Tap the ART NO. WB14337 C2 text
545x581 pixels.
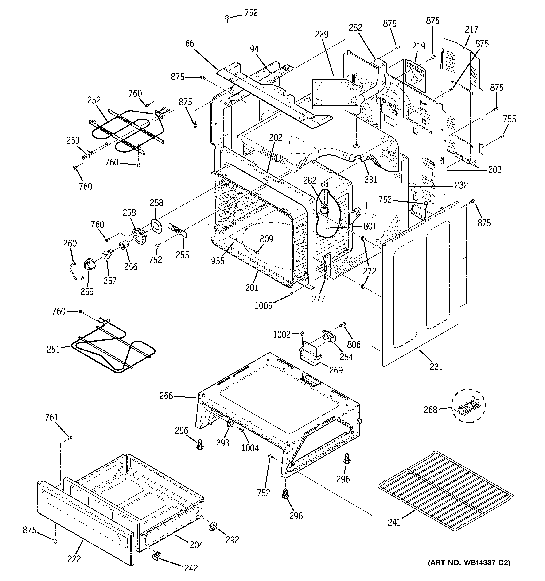tap(469, 570)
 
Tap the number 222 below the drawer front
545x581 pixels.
tap(74, 559)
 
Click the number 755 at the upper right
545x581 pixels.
tap(510, 119)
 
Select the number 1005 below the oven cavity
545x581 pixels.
tap(263, 306)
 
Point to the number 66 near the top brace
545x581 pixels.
tap(190, 44)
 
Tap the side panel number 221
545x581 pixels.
tap(436, 366)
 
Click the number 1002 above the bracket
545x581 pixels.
tap(282, 334)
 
